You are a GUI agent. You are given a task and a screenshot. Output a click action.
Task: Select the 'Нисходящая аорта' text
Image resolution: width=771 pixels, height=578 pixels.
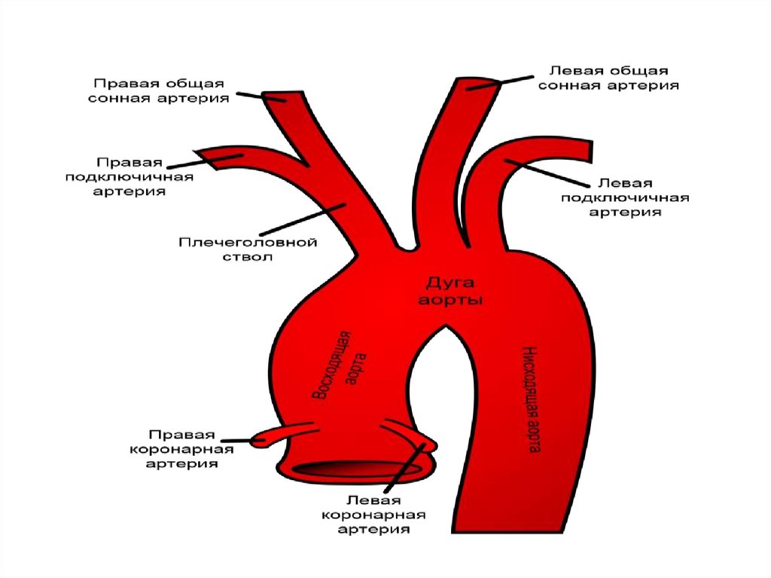click(532, 400)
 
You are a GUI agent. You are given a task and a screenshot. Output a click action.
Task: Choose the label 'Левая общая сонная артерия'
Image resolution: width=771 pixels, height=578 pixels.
click(614, 78)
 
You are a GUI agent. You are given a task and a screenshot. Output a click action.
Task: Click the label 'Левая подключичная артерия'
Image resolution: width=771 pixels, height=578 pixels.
click(625, 198)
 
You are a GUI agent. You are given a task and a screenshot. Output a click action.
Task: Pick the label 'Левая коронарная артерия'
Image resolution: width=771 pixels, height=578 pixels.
click(374, 515)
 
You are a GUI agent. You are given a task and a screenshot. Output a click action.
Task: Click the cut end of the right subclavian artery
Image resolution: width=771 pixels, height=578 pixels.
click(203, 154)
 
